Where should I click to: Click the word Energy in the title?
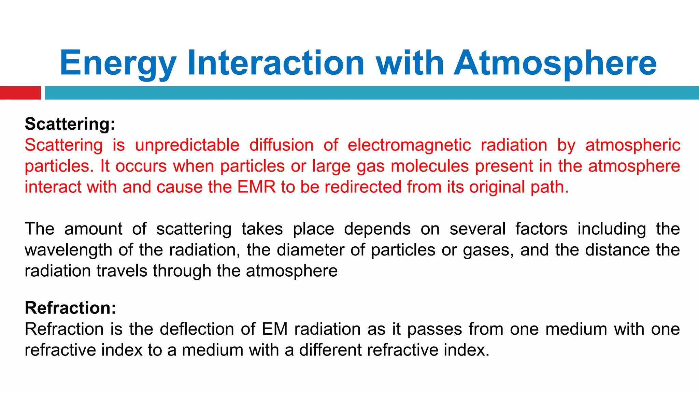coord(118,63)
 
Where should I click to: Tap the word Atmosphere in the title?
coord(555,63)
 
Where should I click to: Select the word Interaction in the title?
coord(276,63)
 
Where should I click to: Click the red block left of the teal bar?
coord(20,93)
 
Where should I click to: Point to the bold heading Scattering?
coord(70,124)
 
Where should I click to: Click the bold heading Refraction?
coord(70,308)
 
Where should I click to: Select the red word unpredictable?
coord(187,145)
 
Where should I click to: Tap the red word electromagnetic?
coord(409,145)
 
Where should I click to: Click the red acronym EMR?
coord(256,187)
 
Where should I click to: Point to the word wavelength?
coord(68,250)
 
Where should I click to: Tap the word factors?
coord(541,229)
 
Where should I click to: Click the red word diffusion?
coord(281,145)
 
